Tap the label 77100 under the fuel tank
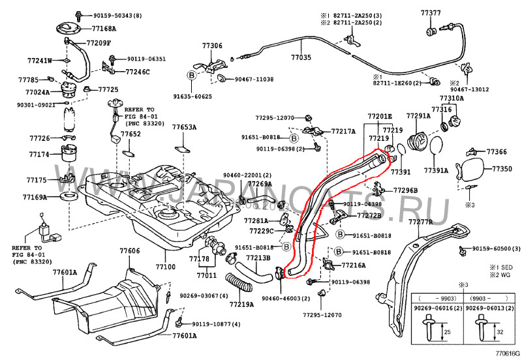[x=166, y=267]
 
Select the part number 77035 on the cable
[x=301, y=58]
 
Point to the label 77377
[x=431, y=12]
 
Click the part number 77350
[x=502, y=169]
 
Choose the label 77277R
[x=421, y=222]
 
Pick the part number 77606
[x=129, y=251]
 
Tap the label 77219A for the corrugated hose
[x=241, y=305]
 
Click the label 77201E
[x=379, y=116]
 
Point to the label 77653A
[x=185, y=127]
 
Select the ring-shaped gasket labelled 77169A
[x=67, y=196]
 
